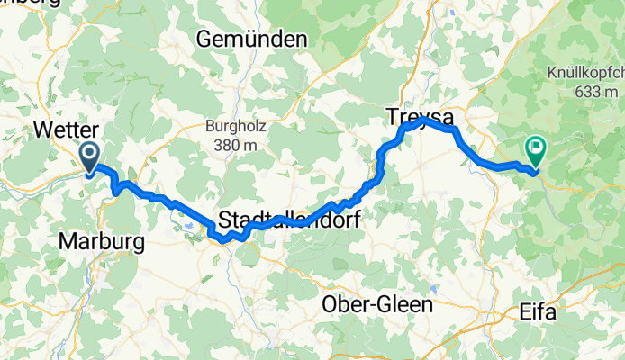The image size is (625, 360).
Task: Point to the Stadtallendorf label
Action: [289, 219]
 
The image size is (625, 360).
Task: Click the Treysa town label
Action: [420, 117]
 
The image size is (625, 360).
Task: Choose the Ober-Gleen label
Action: [377, 305]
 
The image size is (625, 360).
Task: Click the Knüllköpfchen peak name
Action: [584, 75]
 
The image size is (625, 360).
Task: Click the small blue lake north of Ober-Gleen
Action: [434, 290]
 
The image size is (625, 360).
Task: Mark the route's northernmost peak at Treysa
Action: [421, 119]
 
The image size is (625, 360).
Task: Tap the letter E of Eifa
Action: [527, 314]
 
